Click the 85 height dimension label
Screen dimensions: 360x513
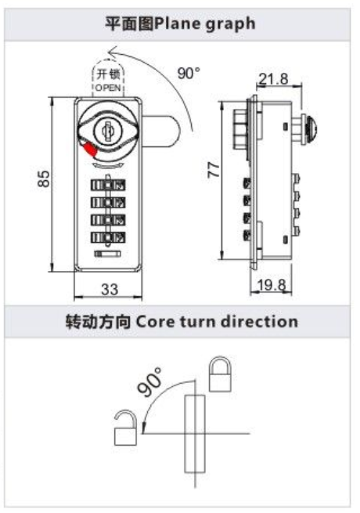(44, 179)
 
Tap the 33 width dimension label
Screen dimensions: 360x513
(110, 289)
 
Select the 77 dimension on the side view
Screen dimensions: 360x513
(214, 170)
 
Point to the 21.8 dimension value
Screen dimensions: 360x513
(273, 79)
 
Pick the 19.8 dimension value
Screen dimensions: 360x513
(272, 284)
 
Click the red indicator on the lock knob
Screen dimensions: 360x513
(90, 150)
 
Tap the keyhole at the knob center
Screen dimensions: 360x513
(106, 132)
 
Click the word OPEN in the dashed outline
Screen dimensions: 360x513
(108, 88)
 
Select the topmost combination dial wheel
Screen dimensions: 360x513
(108, 185)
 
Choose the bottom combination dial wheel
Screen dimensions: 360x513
(108, 237)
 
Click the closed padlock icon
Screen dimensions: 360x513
(221, 374)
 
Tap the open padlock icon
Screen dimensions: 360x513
(125, 428)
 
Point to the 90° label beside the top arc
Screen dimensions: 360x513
(189, 73)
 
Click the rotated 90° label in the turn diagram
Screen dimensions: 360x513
(149, 381)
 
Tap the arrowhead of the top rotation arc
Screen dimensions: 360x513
(113, 51)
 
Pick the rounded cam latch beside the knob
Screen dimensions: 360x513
(161, 131)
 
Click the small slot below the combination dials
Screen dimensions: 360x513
(107, 254)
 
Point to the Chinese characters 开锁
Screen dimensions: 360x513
(108, 74)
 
